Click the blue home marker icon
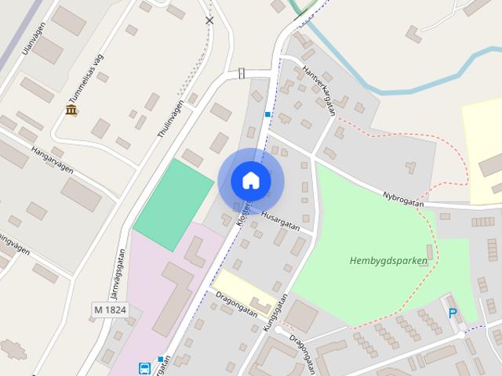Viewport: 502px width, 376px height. (251, 181)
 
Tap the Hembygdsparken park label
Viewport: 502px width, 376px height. (389, 261)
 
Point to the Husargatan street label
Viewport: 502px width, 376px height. (280, 219)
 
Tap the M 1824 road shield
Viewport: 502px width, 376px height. (109, 310)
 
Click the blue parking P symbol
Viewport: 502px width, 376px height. (453, 313)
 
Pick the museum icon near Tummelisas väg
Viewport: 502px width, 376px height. (71, 110)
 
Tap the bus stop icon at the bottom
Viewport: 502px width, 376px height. (145, 367)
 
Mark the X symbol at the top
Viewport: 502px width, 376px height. (209, 20)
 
